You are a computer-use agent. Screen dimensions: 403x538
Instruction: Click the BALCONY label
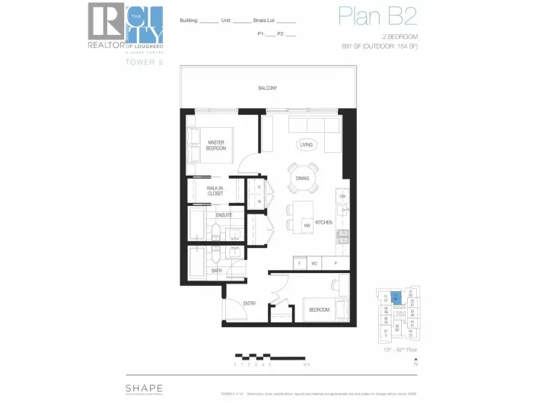click(267, 88)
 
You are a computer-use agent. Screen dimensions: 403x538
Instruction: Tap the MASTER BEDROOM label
click(216, 145)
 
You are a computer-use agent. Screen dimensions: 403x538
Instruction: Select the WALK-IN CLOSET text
click(215, 191)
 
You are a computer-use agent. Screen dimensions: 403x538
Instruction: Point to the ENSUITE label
click(224, 215)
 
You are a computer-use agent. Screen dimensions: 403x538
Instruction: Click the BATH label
click(217, 270)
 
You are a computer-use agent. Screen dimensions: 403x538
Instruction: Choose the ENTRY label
click(250, 303)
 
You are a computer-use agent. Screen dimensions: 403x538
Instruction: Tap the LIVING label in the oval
click(306, 144)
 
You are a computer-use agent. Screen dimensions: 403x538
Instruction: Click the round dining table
click(303, 177)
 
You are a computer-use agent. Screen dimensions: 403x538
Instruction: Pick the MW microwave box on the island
click(307, 225)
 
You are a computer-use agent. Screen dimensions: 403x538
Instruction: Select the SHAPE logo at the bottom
click(144, 387)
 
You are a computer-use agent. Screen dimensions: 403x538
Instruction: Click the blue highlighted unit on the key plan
click(396, 298)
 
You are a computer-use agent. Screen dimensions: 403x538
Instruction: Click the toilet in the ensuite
click(216, 233)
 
